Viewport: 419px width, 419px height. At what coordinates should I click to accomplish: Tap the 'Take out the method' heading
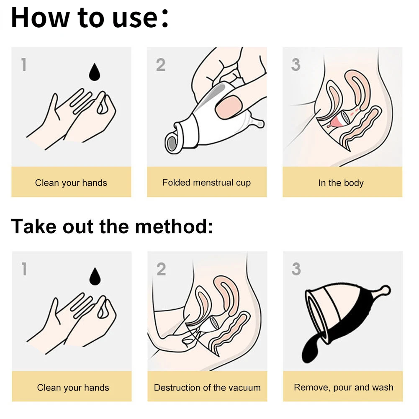pyautogui.click(x=112, y=226)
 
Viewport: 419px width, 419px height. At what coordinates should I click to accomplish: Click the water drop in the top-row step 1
pyautogui.click(x=94, y=72)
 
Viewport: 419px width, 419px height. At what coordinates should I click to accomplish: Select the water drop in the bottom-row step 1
pyautogui.click(x=95, y=276)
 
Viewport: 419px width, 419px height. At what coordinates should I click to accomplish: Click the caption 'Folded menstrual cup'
pyautogui.click(x=206, y=183)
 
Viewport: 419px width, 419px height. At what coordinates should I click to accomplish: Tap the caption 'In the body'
pyautogui.click(x=341, y=183)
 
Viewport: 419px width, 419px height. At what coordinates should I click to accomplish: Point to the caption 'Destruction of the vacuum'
pyautogui.click(x=207, y=388)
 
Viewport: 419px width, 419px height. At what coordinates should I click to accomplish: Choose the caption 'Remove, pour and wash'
pyautogui.click(x=344, y=387)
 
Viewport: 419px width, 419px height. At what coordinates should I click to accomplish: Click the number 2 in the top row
pyautogui.click(x=161, y=65)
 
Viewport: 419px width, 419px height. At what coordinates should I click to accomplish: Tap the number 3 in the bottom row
pyautogui.click(x=296, y=269)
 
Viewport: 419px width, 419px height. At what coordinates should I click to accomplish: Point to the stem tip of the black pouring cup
pyautogui.click(x=386, y=290)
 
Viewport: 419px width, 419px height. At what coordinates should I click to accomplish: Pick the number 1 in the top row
pyautogui.click(x=24, y=65)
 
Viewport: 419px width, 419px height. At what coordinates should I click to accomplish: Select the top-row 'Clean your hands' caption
pyautogui.click(x=71, y=183)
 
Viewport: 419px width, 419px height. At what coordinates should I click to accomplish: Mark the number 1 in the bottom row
pyautogui.click(x=25, y=269)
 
